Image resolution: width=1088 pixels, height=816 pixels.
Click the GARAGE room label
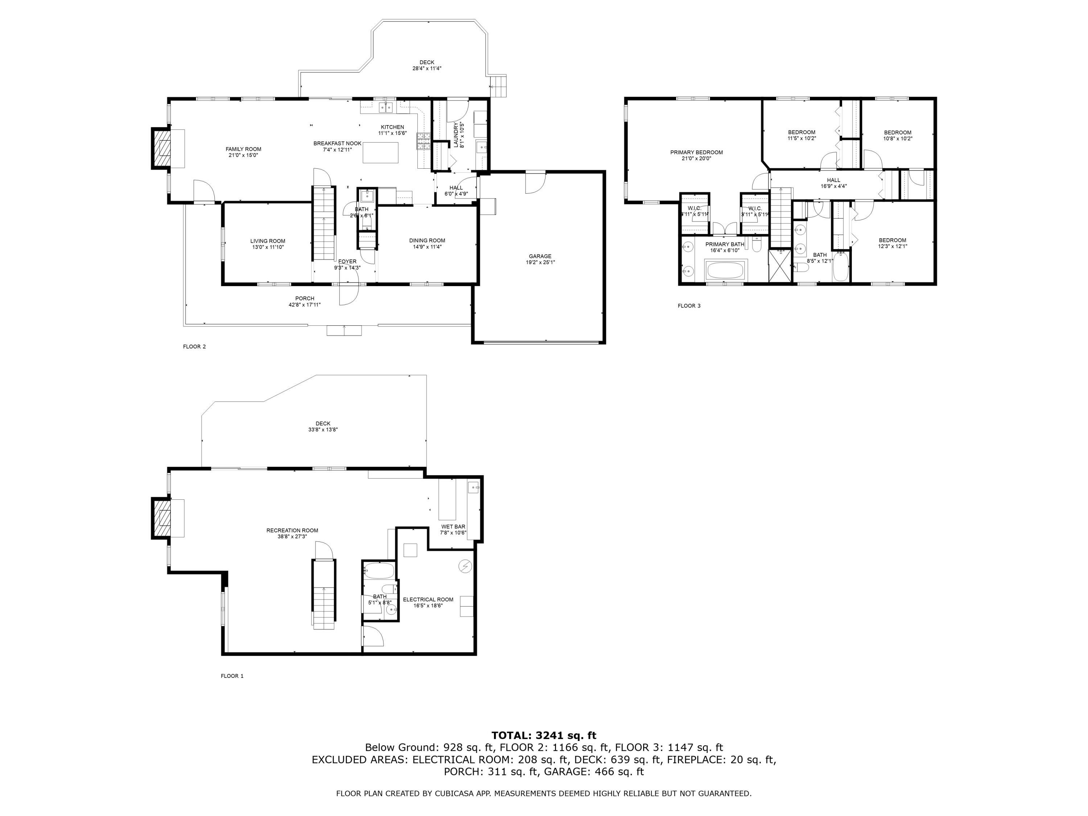(540, 256)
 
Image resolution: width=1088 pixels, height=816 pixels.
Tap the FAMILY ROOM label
(243, 149)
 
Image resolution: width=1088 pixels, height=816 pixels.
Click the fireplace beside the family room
(161, 149)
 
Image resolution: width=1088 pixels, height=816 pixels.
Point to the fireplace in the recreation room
(161, 518)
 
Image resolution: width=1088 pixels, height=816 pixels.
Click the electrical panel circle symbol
(465, 566)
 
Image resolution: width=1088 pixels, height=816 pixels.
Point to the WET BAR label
(453, 527)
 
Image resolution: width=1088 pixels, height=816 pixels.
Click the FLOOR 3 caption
(689, 306)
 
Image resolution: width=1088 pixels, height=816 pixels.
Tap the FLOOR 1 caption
(232, 676)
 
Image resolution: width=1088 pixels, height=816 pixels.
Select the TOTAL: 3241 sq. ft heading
(544, 735)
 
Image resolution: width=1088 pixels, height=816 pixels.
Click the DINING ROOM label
(427, 240)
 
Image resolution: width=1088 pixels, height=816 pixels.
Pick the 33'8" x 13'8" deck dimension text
(323, 429)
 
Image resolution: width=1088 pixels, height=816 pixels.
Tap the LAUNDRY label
(456, 135)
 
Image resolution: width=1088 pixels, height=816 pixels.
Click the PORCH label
(305, 298)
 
